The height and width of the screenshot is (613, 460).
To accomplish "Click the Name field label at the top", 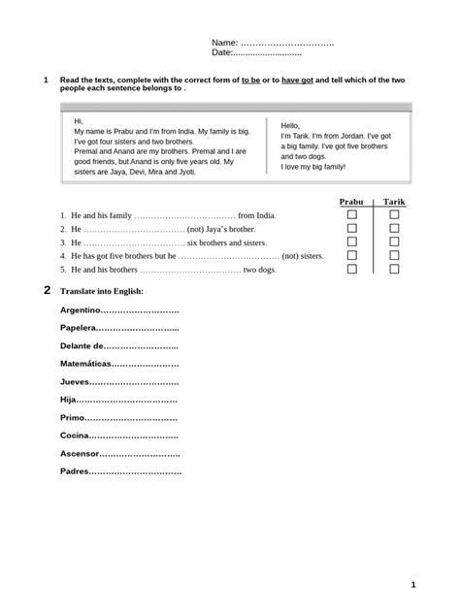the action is pyautogui.click(x=224, y=45).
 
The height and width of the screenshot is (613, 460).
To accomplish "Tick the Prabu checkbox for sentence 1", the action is pyautogui.click(x=353, y=214).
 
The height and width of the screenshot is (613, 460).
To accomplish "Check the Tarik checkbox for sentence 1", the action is pyautogui.click(x=394, y=214).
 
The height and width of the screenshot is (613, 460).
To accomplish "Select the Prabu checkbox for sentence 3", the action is pyautogui.click(x=353, y=242).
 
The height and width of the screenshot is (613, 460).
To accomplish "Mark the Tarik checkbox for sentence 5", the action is pyautogui.click(x=394, y=269).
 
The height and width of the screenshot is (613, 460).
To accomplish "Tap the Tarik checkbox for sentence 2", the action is pyautogui.click(x=394, y=228).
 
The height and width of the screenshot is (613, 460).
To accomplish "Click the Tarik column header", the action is pyautogui.click(x=394, y=201).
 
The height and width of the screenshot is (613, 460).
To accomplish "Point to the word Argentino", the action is pyautogui.click(x=80, y=310).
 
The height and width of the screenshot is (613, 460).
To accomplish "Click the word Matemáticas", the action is pyautogui.click(x=85, y=365).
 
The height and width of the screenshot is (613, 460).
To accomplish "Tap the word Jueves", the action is pyautogui.click(x=75, y=382).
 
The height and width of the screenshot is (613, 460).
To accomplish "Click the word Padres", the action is pyautogui.click(x=74, y=471).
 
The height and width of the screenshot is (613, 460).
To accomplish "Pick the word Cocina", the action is pyautogui.click(x=74, y=436).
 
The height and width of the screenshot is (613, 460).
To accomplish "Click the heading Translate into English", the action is pyautogui.click(x=102, y=291).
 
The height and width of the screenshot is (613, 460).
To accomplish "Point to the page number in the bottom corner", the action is pyautogui.click(x=413, y=584).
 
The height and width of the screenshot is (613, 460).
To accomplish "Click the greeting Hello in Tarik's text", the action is pyautogui.click(x=291, y=126).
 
